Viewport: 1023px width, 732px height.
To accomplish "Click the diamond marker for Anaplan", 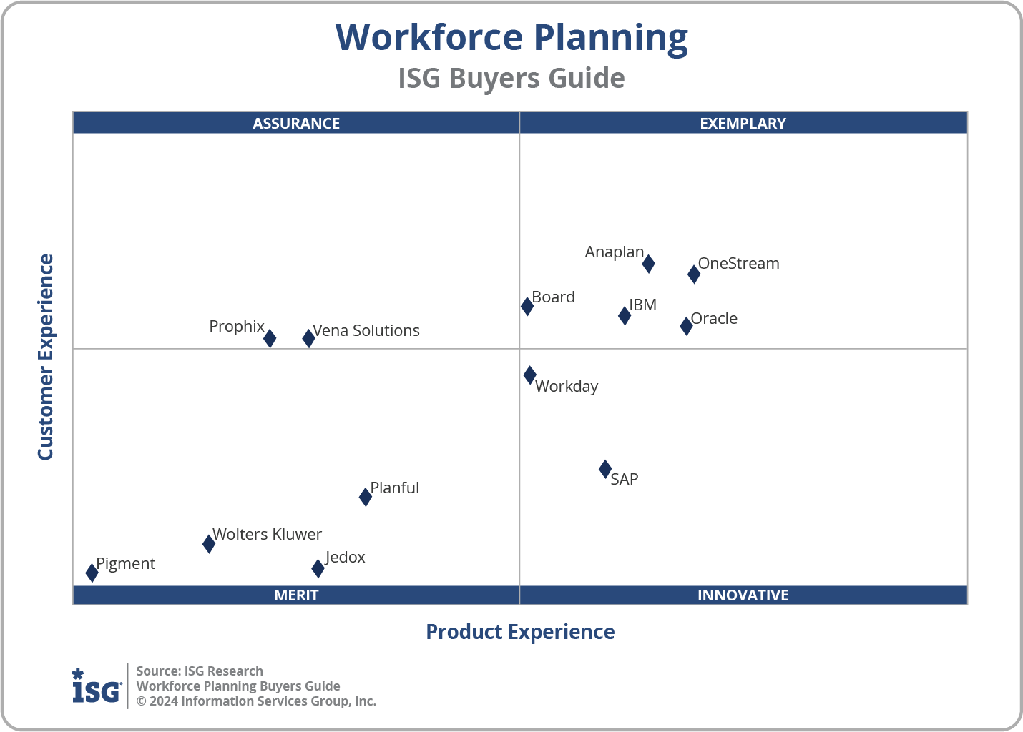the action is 648,264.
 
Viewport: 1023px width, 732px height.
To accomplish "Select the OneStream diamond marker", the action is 694,274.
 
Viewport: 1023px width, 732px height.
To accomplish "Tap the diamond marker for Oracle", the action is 686,326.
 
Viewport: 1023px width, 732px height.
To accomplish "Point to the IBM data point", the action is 625,315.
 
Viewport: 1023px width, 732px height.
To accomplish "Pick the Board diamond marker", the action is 527,306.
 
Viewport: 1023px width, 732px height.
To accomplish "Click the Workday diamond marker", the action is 530,375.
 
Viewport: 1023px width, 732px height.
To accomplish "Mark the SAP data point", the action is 605,469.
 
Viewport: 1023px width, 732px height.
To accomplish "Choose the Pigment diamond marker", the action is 92,573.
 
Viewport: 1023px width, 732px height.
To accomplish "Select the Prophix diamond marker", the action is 270,339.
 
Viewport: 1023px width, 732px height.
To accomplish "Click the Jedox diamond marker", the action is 318,568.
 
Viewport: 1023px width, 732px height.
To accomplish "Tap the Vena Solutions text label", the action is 366,330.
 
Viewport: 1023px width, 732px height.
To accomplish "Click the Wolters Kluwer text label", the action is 267,535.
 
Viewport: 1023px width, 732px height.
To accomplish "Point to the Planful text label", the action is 395,488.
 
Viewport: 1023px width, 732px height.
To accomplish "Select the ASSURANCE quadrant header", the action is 296,123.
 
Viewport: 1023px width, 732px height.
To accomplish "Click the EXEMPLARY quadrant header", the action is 743,123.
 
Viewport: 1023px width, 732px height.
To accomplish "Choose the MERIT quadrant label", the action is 296,595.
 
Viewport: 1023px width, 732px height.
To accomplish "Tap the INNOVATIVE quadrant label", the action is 743,595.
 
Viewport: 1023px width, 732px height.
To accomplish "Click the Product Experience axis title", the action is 520,632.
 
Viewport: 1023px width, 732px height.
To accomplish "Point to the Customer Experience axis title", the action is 46,357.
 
